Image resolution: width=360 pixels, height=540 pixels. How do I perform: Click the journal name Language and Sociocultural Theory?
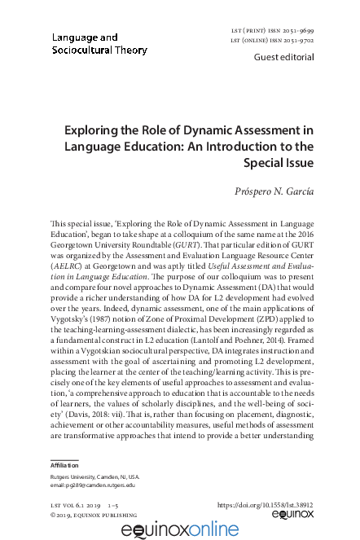[99, 44]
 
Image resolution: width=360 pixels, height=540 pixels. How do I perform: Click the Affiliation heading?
[69, 465]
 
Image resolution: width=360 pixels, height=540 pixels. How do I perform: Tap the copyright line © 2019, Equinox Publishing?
[93, 515]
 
